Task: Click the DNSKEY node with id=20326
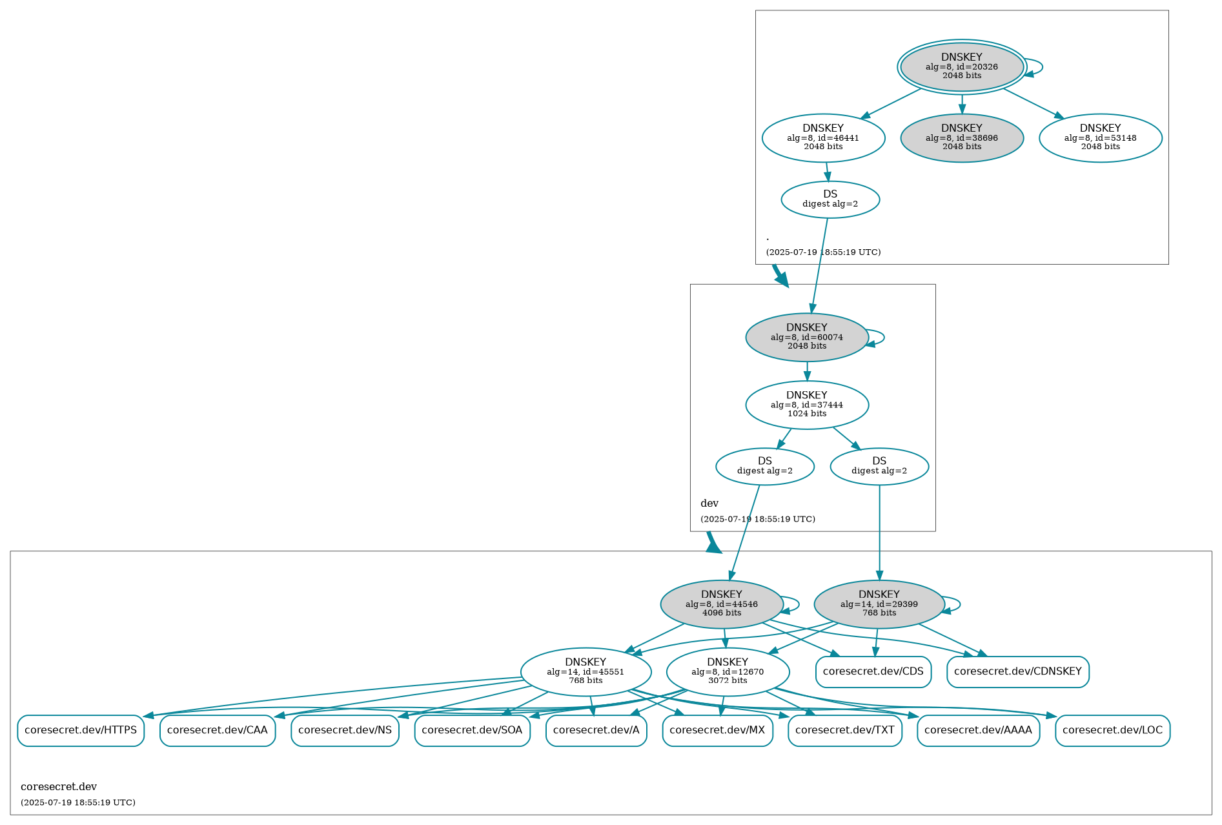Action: (x=961, y=66)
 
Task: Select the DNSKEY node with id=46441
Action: (x=823, y=137)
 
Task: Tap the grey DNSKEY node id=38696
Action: (x=961, y=137)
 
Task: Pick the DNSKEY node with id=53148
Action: (x=1100, y=137)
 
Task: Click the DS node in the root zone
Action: (x=830, y=199)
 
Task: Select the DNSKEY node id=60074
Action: (x=806, y=337)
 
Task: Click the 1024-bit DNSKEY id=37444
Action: (x=806, y=405)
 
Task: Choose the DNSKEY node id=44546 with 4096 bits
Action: (x=721, y=604)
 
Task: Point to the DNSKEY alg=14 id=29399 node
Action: (x=879, y=604)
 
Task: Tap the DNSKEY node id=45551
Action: (x=586, y=671)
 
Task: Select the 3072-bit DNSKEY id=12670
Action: (x=728, y=671)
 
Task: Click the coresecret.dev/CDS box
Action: (x=873, y=671)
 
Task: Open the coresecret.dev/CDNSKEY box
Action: (x=1017, y=671)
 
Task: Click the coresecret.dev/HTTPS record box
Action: (x=81, y=730)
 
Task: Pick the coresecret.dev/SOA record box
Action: (x=472, y=730)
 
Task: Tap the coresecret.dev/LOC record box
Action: (x=1112, y=730)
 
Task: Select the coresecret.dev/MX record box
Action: (x=717, y=730)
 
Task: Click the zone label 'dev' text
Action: (x=709, y=504)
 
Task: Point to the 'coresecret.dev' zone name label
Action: (x=59, y=787)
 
